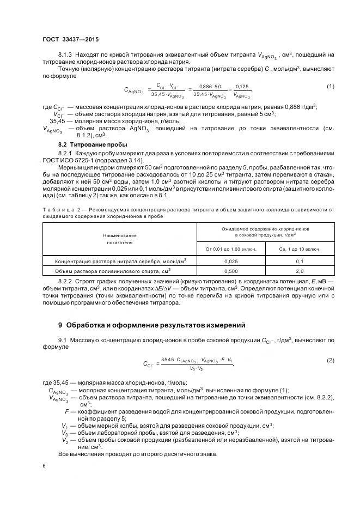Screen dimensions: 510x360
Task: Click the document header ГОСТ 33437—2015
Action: coord(70,39)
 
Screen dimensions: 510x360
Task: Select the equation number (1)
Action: coord(330,87)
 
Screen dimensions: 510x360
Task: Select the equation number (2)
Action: coord(330,361)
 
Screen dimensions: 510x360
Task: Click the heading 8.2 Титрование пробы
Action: coord(93,144)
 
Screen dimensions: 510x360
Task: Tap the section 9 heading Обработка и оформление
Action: coord(152,325)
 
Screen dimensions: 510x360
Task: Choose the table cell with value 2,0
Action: coord(299,270)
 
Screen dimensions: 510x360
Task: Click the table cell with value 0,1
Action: coord(299,261)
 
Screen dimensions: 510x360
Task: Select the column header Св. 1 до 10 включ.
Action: coord(299,250)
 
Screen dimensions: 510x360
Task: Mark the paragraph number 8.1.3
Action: coord(66,54)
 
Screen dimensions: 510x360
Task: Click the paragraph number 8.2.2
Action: coord(66,281)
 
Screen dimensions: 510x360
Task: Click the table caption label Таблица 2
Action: coord(59,209)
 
